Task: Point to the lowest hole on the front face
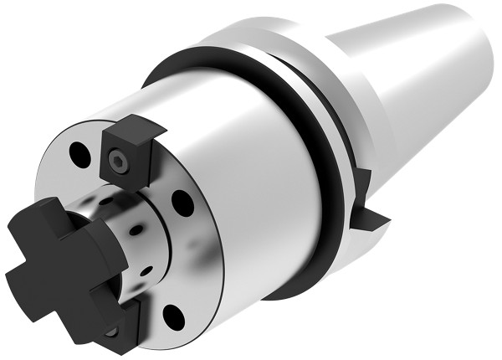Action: (173, 316)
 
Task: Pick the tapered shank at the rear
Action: (418, 67)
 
